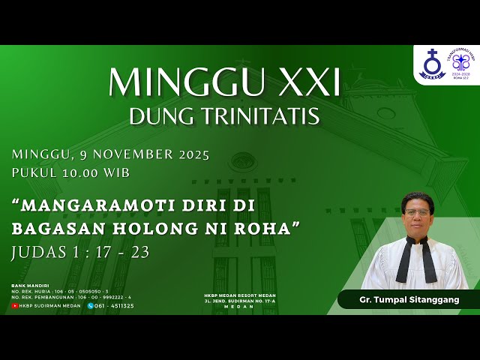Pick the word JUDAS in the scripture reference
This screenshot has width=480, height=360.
37,252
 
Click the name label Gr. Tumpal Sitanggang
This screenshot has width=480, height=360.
409,299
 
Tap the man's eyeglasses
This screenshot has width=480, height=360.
415,213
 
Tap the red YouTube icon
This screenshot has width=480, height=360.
15,305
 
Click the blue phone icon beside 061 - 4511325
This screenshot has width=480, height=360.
91,305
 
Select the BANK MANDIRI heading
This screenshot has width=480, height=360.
30,286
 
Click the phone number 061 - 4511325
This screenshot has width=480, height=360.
115,305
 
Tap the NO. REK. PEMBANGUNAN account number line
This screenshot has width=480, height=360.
61,297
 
